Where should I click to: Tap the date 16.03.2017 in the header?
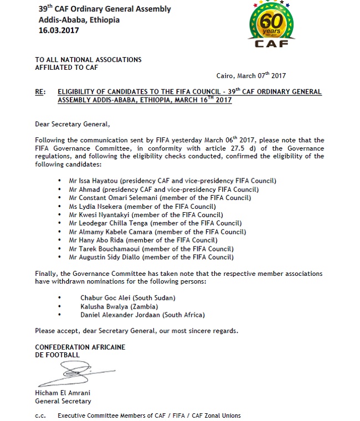point(59,30)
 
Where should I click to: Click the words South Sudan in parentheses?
point(158,297)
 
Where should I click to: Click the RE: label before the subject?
point(40,92)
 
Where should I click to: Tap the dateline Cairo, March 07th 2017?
point(250,76)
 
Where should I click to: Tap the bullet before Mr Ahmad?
point(59,189)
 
